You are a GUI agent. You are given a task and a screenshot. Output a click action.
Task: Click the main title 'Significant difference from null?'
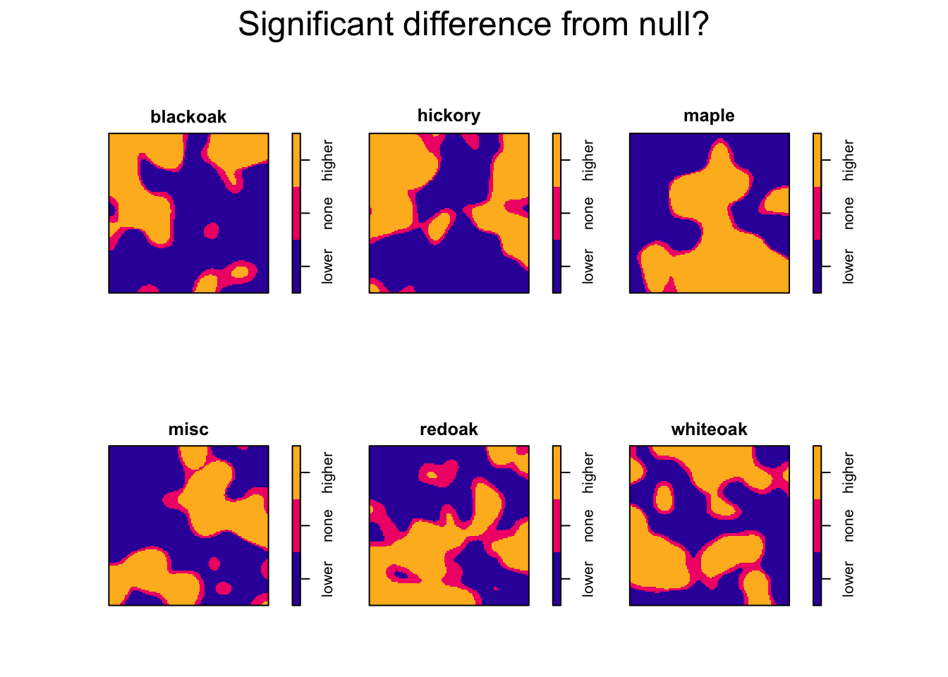473,25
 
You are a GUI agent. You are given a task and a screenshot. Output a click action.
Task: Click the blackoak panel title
188,117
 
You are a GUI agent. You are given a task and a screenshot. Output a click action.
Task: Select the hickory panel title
449,116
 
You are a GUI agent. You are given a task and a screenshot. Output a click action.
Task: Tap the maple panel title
709,116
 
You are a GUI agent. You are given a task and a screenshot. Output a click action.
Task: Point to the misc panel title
188,429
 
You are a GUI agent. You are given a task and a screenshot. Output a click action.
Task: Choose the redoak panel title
449,429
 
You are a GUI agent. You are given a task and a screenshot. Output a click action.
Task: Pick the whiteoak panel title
709,429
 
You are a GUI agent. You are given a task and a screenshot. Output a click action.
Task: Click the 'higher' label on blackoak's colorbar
328,160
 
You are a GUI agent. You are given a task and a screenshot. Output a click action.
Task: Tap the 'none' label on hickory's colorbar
588,213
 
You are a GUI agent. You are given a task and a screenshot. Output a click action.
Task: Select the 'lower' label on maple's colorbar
849,266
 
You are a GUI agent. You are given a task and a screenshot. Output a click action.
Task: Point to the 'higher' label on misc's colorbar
328,472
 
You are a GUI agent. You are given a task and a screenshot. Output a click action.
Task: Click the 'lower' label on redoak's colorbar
588,579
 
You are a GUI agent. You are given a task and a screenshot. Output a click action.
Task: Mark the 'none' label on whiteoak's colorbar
849,525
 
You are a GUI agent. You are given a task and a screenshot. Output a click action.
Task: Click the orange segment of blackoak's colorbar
296,160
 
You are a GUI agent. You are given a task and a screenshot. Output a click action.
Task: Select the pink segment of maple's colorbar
817,213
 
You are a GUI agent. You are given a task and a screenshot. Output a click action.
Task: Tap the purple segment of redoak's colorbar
557,579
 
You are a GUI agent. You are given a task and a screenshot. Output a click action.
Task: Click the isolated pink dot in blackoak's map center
211,230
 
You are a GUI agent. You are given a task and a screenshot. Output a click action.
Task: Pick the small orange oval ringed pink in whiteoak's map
664,497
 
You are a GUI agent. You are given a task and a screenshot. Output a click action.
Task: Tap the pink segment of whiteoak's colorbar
817,525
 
